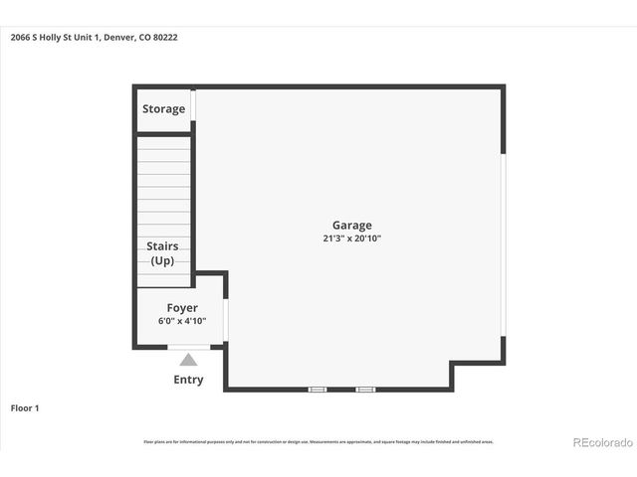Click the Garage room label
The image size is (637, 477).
[351, 226]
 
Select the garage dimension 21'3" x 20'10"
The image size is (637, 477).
[351, 238]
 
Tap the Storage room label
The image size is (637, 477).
[163, 108]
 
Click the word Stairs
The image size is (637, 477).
[162, 245]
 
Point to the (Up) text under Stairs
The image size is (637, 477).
[162, 260]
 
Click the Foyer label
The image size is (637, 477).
[181, 308]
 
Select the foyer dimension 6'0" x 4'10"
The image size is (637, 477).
[181, 322]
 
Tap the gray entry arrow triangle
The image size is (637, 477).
[188, 360]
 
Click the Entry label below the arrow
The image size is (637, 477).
[188, 380]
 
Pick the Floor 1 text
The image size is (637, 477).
[25, 407]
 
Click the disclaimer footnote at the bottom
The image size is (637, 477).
[318, 441]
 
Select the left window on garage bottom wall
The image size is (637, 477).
[317, 389]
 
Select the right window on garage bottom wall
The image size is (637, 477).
[365, 389]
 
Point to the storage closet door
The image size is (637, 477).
[194, 105]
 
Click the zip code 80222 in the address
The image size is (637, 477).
[165, 38]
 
